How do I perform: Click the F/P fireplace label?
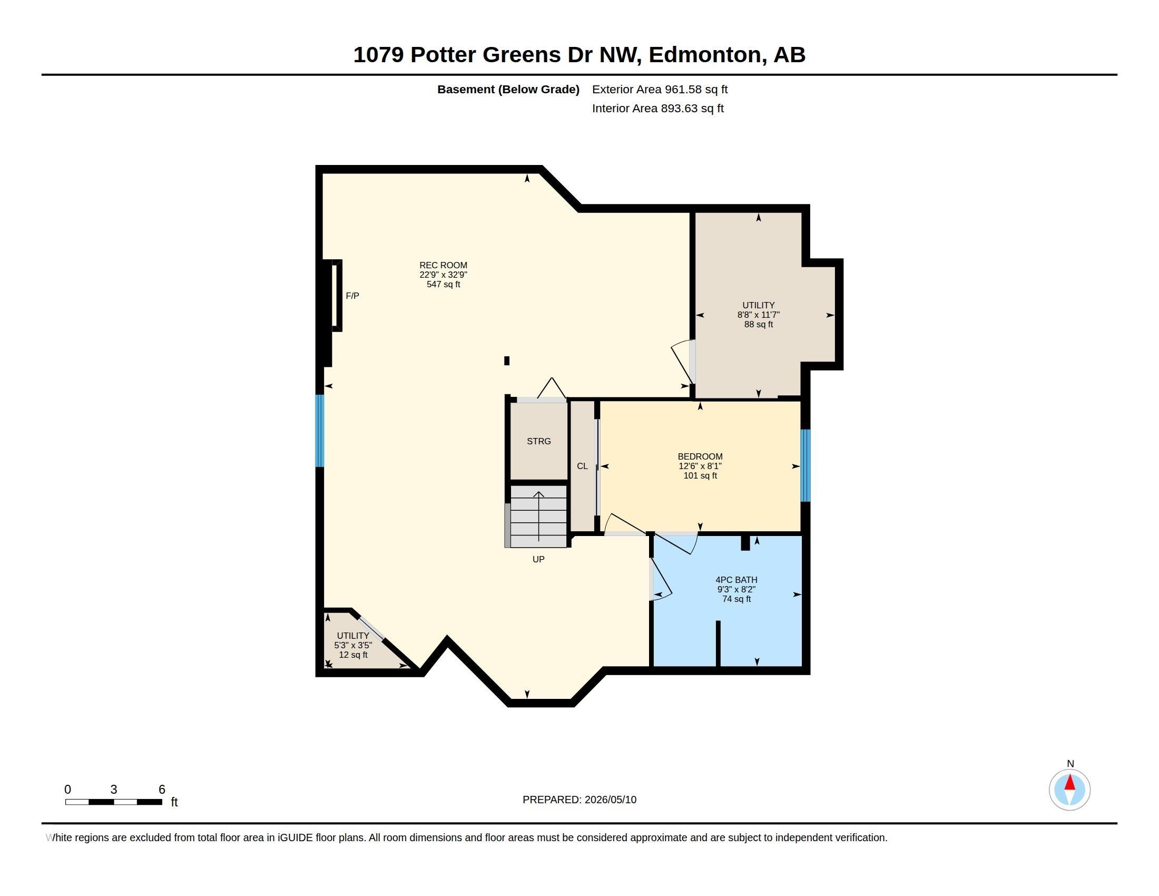(x=352, y=296)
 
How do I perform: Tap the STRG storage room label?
(x=538, y=441)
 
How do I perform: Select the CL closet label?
(x=582, y=466)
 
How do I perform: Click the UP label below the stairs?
(x=538, y=559)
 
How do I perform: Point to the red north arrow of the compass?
(x=1070, y=782)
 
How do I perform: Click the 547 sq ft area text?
(x=443, y=284)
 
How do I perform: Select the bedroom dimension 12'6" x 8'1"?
(x=700, y=466)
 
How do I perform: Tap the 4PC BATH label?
(x=736, y=580)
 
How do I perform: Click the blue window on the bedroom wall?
(x=805, y=465)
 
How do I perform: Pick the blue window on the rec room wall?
(x=319, y=431)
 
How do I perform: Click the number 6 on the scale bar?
(x=162, y=790)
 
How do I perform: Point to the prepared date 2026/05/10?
(x=610, y=800)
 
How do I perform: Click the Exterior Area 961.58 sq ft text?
(x=660, y=89)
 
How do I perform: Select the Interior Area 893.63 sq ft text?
(x=657, y=108)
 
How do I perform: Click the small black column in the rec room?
(x=507, y=361)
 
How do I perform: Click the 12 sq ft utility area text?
(x=353, y=655)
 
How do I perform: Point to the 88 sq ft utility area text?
(x=758, y=324)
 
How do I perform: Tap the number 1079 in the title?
(x=378, y=55)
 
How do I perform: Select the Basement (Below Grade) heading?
(x=508, y=89)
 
